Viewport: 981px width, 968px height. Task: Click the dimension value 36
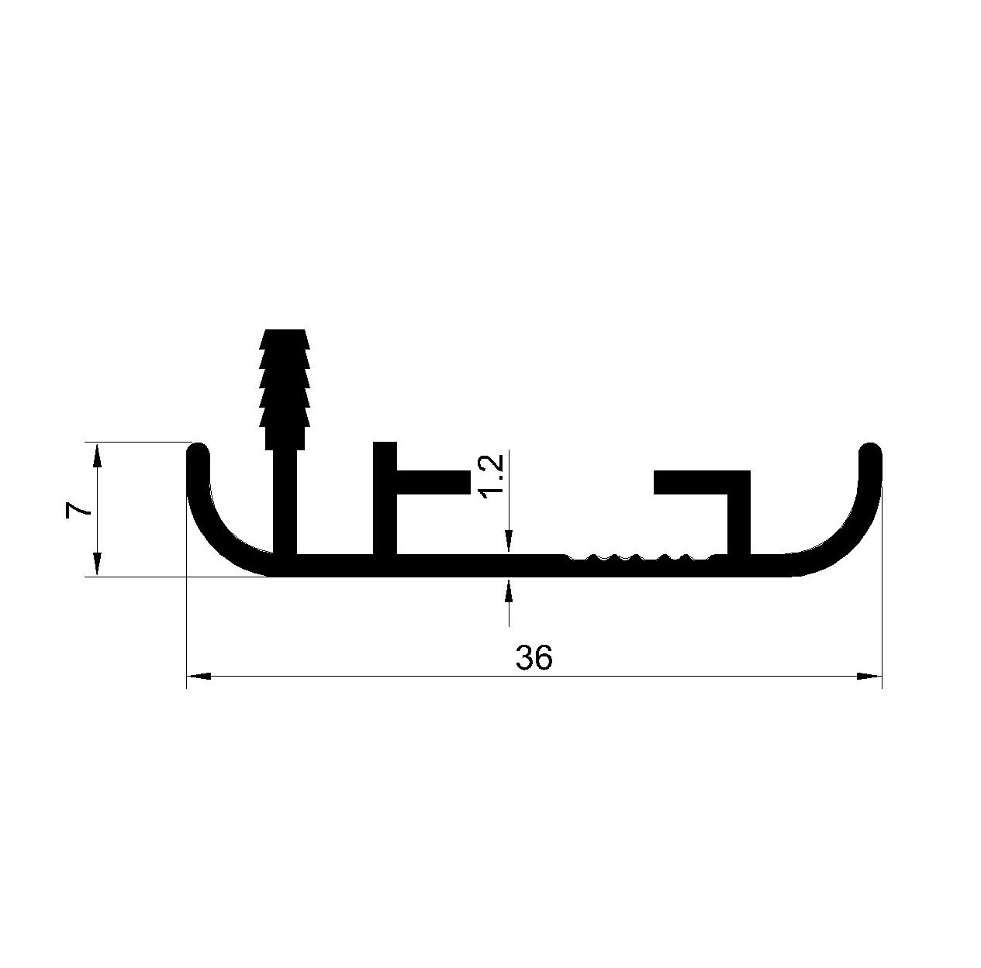tap(533, 657)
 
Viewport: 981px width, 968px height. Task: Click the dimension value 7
tap(78, 509)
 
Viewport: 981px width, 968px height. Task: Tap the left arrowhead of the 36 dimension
tap(199, 677)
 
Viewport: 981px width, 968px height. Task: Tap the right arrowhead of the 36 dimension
tap(869, 677)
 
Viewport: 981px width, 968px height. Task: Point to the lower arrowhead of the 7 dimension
tap(98, 564)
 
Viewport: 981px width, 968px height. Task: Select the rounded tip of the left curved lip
tap(198, 452)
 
